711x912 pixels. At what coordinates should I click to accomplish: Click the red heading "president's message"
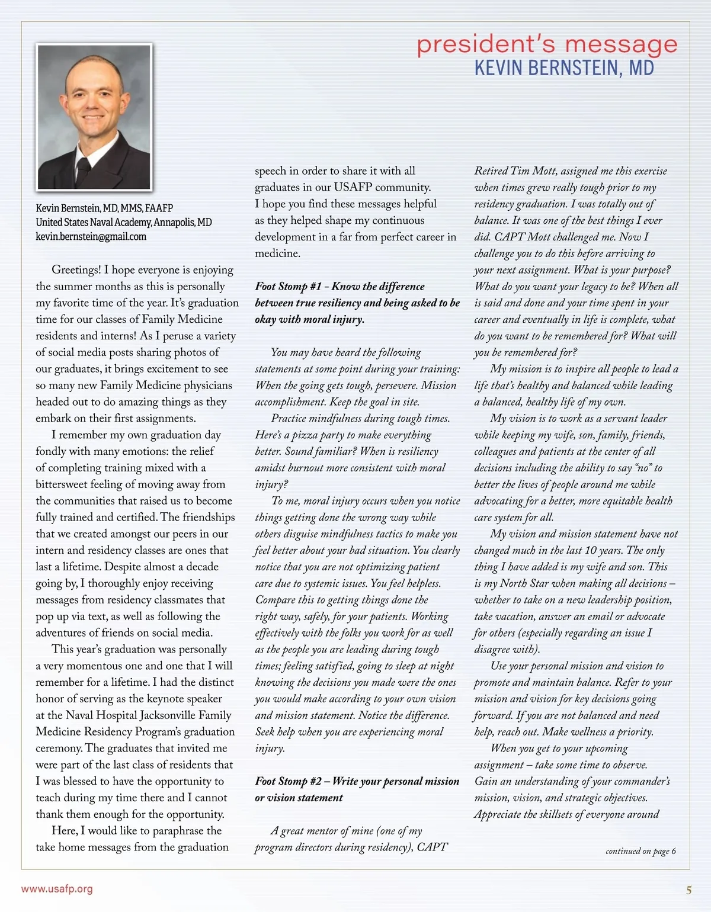click(x=546, y=45)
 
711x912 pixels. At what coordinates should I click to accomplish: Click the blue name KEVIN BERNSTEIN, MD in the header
click(x=563, y=68)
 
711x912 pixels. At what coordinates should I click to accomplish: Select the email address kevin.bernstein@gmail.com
click(x=91, y=237)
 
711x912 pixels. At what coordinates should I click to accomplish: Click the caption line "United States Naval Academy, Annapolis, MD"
click(x=123, y=223)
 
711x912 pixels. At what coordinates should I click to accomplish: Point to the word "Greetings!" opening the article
click(x=76, y=270)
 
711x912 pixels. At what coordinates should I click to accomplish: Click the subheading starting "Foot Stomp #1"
click(x=357, y=303)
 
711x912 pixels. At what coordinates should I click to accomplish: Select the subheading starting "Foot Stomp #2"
click(x=357, y=789)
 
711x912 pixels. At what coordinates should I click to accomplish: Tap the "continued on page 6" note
click(x=640, y=851)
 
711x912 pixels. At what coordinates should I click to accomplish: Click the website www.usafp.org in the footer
click(x=57, y=889)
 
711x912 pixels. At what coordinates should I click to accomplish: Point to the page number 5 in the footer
click(x=688, y=890)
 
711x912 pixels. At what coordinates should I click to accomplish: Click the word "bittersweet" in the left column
click(x=69, y=484)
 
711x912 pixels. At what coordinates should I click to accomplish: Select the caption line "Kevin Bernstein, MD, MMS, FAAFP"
click(x=104, y=208)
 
